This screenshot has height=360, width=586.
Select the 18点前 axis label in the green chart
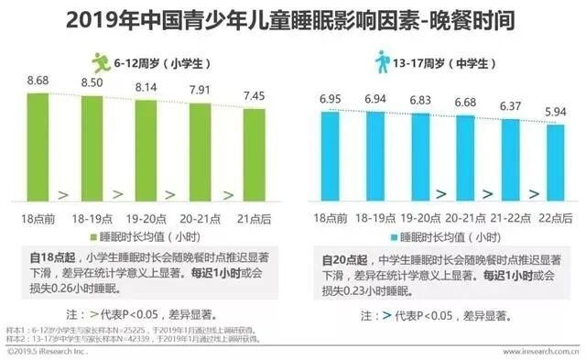[x=38, y=219]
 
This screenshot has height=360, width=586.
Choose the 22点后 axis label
[x=554, y=219]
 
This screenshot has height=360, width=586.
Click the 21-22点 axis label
[x=510, y=219]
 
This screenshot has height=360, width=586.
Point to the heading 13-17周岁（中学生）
[x=439, y=61]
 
